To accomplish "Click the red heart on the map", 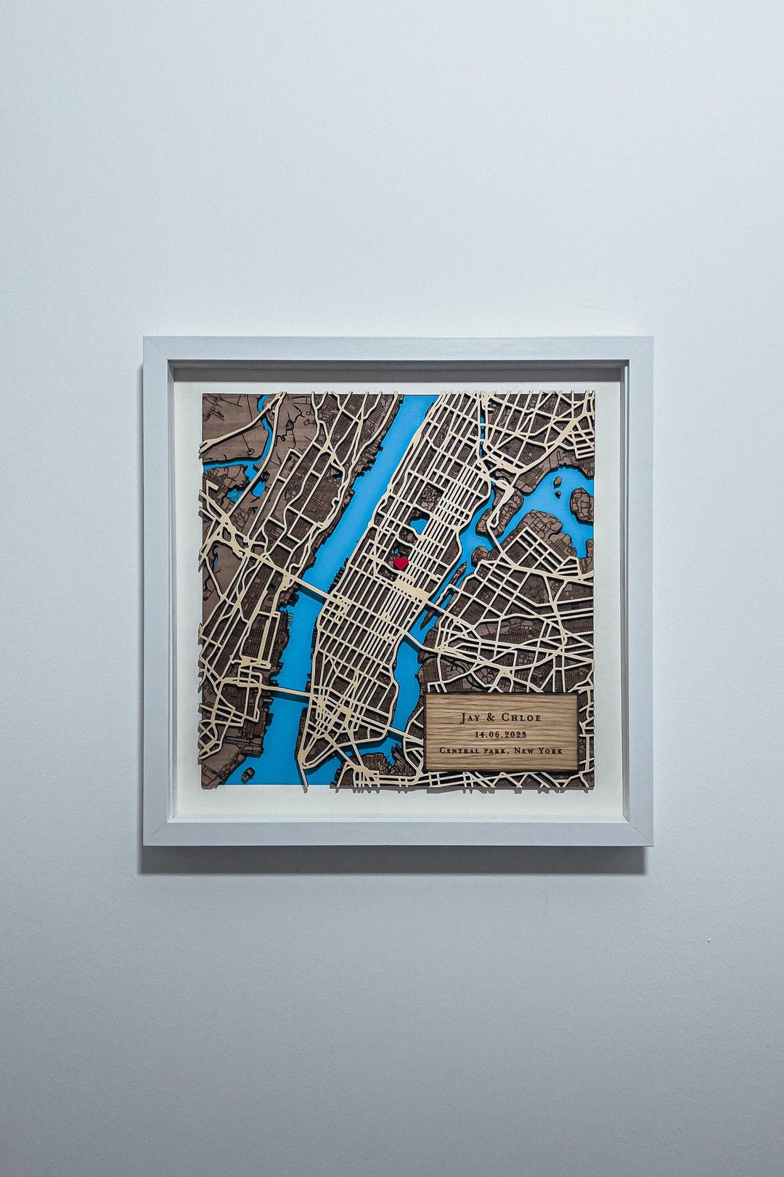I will pos(400,562).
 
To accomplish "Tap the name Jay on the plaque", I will pos(470,718).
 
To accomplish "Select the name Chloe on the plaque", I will pos(520,718).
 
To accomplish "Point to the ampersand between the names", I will pos(491,718).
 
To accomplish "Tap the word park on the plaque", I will pos(498,751).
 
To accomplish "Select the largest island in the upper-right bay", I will pos(581,503).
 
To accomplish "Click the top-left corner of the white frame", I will pos(145,339).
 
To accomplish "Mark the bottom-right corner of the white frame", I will pos(650,844).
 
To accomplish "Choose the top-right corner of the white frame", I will pos(650,339).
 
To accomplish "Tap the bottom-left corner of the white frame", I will pos(145,844).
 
